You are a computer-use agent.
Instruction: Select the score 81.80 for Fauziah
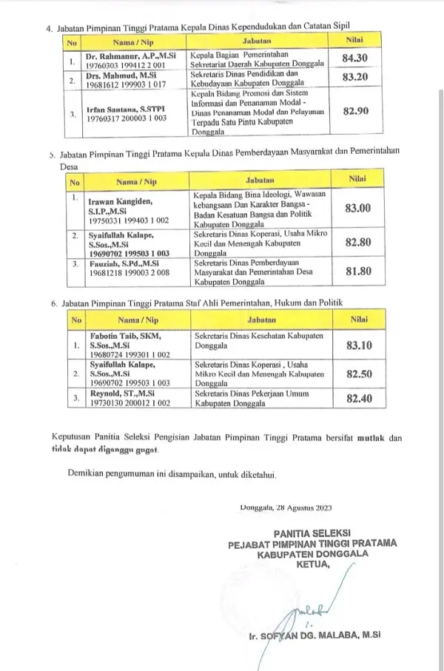pyautogui.click(x=360, y=270)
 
